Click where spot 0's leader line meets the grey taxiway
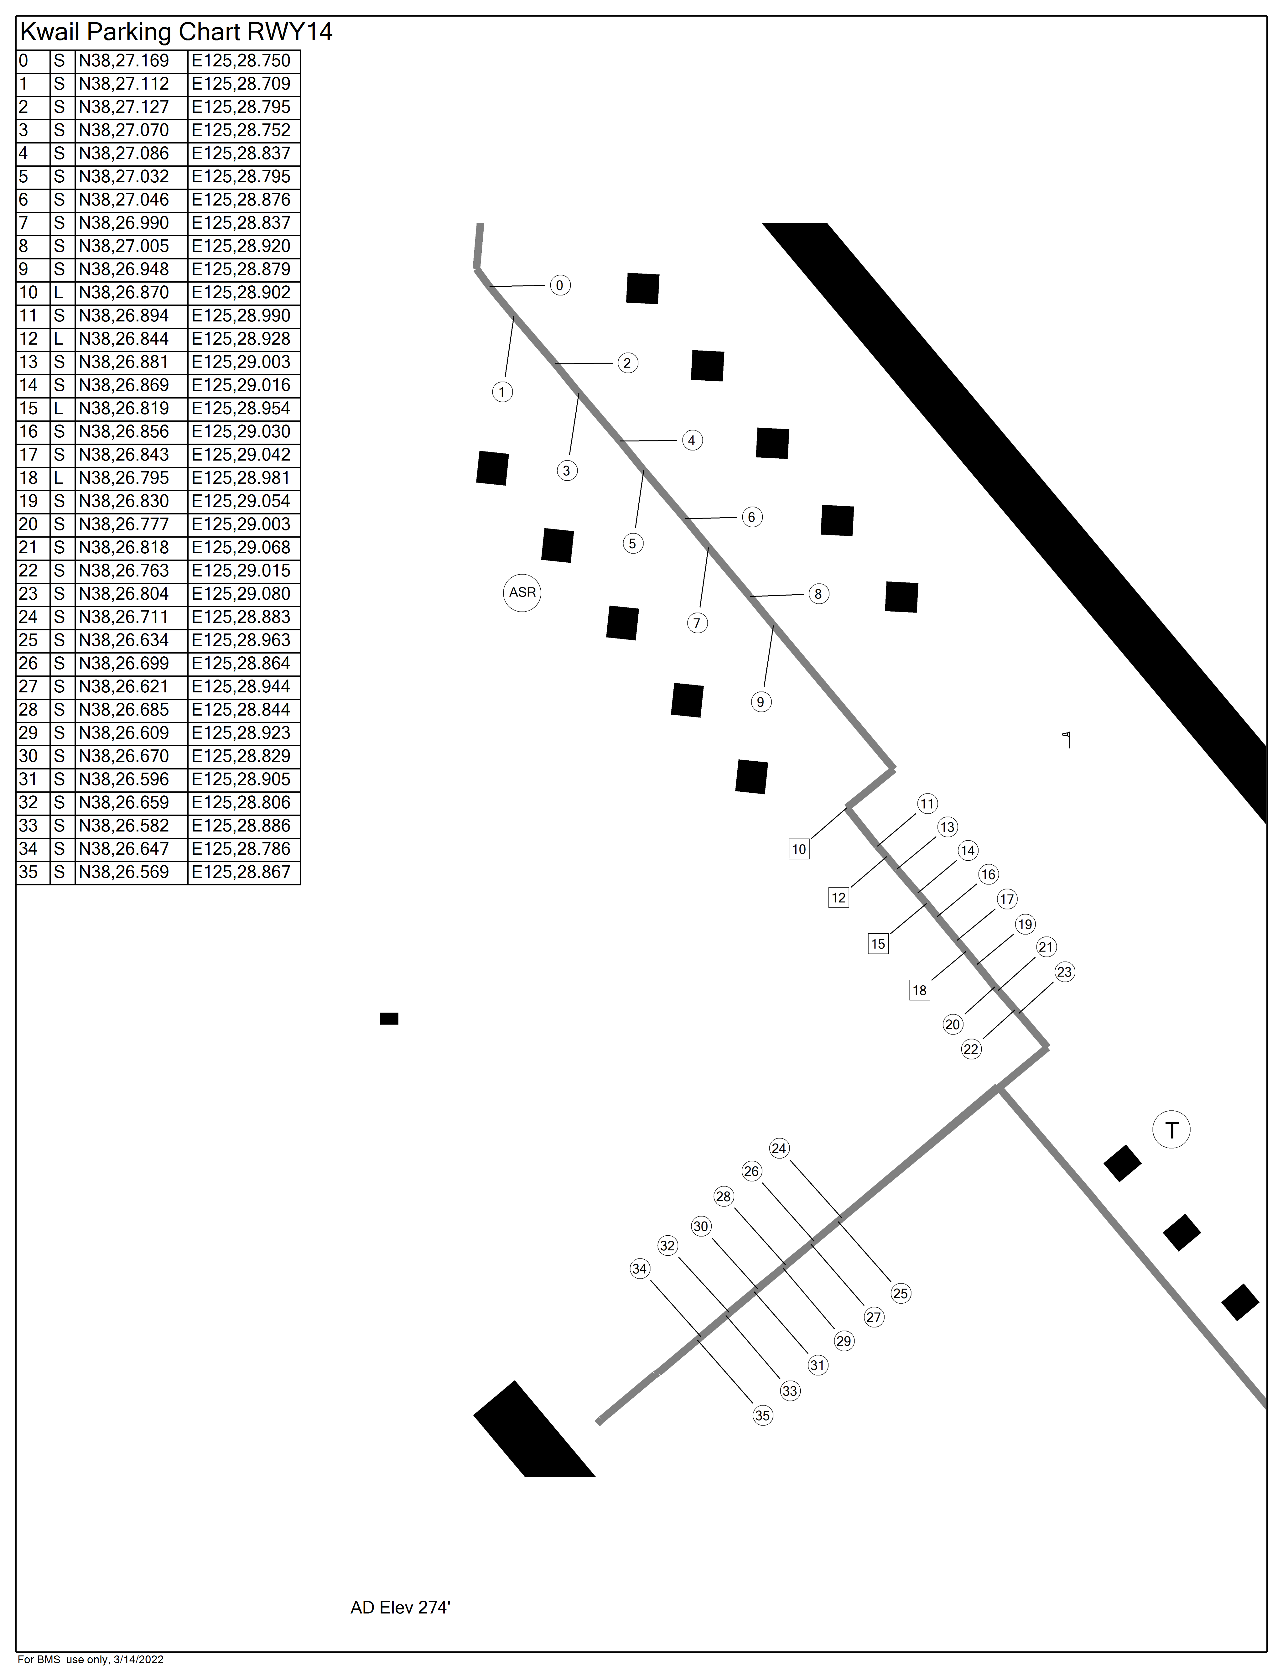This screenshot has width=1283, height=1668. [x=490, y=286]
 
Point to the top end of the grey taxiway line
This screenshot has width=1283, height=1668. [x=480, y=224]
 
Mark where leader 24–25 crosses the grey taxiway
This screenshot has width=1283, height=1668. [x=840, y=1217]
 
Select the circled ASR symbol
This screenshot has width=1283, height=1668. [x=522, y=593]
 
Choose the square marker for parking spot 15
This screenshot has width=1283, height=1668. [x=878, y=944]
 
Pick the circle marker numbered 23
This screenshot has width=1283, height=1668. [x=1065, y=972]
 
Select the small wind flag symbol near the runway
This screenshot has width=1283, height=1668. [x=1067, y=739]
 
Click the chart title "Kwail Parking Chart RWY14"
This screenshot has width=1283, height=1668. [x=176, y=32]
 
